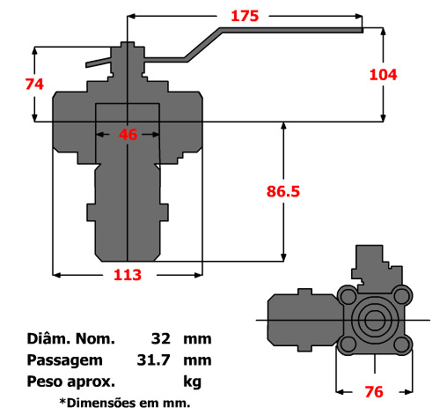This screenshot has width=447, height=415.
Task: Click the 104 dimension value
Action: point(383,75)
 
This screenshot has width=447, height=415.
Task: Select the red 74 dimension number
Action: point(34,85)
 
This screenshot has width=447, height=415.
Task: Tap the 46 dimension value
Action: point(128,135)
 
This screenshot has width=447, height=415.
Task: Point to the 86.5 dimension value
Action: point(283,190)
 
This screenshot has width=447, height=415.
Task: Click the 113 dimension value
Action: point(128,275)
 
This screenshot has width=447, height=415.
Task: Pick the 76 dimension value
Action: point(375,391)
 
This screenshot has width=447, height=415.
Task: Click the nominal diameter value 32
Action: point(160,338)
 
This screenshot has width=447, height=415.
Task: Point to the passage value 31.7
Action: point(154,360)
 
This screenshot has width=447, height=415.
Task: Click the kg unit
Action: point(193,382)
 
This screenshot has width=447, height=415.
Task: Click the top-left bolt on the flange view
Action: point(348,294)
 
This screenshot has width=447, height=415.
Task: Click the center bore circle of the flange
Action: point(375,319)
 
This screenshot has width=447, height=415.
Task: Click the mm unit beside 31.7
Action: point(197,360)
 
